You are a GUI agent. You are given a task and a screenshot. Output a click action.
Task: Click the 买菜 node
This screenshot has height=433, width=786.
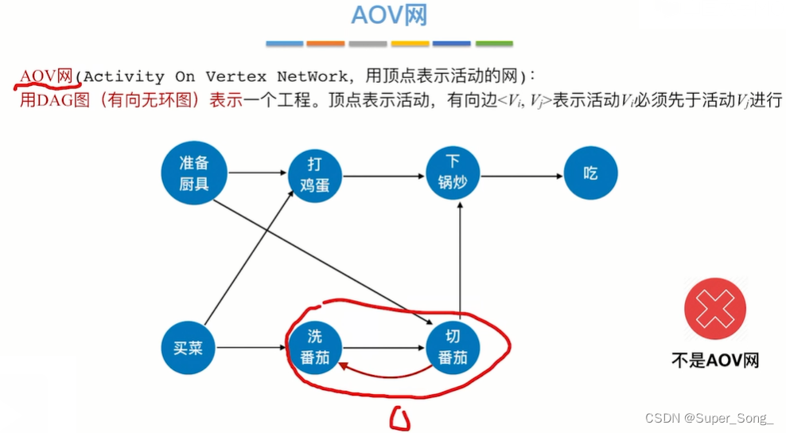pyautogui.click(x=189, y=348)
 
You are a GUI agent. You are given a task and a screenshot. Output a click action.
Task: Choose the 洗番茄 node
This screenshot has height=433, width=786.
pyautogui.click(x=313, y=348)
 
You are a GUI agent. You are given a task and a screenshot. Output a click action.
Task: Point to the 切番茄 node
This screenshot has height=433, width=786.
pyautogui.click(x=453, y=348)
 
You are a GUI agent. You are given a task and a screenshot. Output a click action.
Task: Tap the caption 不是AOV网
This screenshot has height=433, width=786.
pyautogui.click(x=714, y=360)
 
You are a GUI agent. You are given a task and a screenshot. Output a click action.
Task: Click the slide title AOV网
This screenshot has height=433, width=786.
pyautogui.click(x=390, y=17)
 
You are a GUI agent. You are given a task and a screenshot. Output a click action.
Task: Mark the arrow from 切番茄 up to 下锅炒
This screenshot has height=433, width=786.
pyautogui.click(x=459, y=259)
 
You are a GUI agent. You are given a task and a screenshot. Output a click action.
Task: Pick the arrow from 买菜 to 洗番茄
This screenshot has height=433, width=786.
pyautogui.click(x=251, y=348)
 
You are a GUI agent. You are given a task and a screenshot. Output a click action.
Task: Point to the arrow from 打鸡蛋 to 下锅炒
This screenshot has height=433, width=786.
pyautogui.click(x=382, y=174)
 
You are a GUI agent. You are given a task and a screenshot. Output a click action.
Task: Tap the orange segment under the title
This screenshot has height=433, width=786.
pyautogui.click(x=325, y=43)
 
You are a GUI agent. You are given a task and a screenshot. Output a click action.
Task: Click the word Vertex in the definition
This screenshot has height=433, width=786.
pyautogui.click(x=238, y=77)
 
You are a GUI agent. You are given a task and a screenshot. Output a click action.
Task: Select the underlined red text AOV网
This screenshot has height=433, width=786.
pyautogui.click(x=46, y=76)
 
